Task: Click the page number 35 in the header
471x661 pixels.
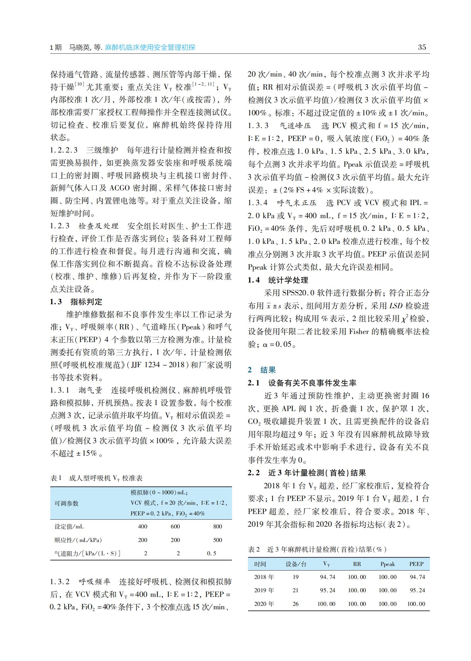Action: pyautogui.click(x=422, y=47)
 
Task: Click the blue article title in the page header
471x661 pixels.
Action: pyautogui.click(x=150, y=47)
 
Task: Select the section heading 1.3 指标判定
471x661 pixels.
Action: pyautogui.click(x=76, y=302)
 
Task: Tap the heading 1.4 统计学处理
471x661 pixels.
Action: pyautogui.click(x=278, y=280)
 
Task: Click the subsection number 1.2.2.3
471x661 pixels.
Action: pyautogui.click(x=64, y=150)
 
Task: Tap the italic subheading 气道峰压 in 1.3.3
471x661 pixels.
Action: pyautogui.click(x=295, y=126)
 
